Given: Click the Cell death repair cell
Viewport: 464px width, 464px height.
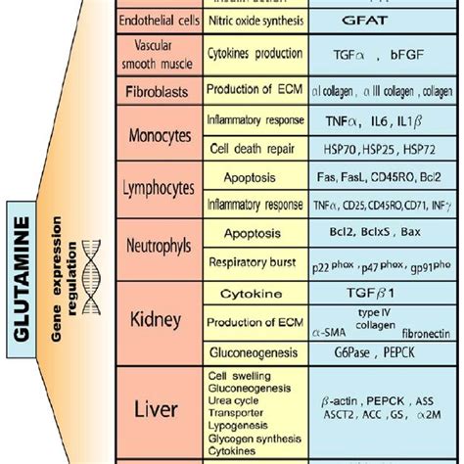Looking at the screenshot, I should pyautogui.click(x=252, y=149).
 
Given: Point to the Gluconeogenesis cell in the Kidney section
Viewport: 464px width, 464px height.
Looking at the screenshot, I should pyautogui.click(x=252, y=351).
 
